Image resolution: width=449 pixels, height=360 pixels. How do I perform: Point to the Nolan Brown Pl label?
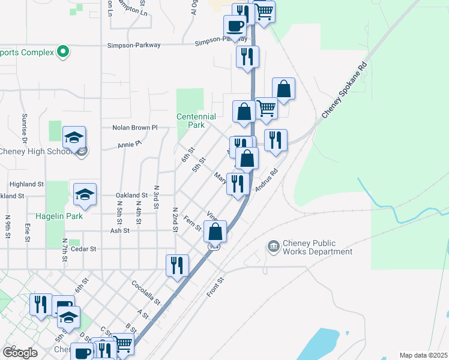(135, 127)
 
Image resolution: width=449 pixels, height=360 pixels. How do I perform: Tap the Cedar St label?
(84, 248)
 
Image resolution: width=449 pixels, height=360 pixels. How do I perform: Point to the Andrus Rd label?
(267, 179)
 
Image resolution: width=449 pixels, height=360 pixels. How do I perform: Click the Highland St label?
(26, 184)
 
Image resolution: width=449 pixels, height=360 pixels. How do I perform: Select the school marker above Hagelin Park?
(85, 194)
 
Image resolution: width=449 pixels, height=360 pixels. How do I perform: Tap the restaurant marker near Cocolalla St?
(177, 266)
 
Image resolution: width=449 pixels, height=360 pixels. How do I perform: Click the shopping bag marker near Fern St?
(215, 232)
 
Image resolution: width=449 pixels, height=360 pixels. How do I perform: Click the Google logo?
(19, 353)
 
